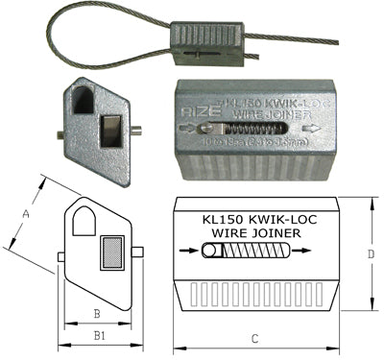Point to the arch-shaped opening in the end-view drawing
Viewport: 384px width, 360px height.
click(x=84, y=220)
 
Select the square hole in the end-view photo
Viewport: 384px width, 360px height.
click(x=111, y=129)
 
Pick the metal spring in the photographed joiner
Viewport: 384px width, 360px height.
click(x=248, y=128)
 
